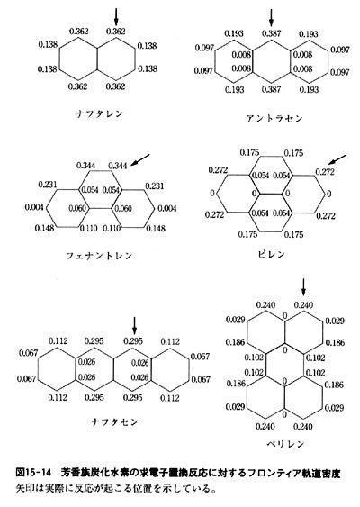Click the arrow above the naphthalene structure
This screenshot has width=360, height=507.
pyautogui.click(x=116, y=16)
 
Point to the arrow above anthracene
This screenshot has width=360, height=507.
pyautogui.click(x=271, y=17)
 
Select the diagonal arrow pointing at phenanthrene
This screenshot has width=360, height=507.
pyautogui.click(x=141, y=160)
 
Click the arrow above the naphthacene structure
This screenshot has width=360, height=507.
pyautogui.click(x=135, y=326)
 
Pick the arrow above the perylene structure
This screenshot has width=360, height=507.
pyautogui.click(x=303, y=287)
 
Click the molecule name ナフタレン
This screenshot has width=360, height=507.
pyautogui.click(x=100, y=113)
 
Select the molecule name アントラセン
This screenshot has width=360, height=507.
pyautogui.click(x=274, y=119)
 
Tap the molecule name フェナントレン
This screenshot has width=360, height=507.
pyautogui.click(x=99, y=256)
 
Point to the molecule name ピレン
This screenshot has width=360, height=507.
pyautogui.click(x=272, y=255)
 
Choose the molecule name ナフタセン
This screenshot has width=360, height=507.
pyautogui.click(x=114, y=422)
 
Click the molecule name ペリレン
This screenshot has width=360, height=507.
pyautogui.click(x=285, y=444)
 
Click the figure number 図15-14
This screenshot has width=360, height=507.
pyautogui.click(x=33, y=473)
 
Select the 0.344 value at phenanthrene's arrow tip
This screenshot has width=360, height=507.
pyautogui.click(x=118, y=166)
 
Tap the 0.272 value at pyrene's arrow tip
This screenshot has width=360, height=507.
pyautogui.click(x=326, y=172)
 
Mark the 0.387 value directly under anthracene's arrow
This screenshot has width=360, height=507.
pyautogui.click(x=272, y=33)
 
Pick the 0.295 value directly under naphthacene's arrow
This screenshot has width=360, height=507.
pyautogui.click(x=133, y=341)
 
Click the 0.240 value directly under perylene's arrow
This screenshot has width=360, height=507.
pyautogui.click(x=303, y=305)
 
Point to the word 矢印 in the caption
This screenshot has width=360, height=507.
pyautogui.click(x=23, y=488)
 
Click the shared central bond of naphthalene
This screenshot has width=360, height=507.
pyautogui.click(x=97, y=59)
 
